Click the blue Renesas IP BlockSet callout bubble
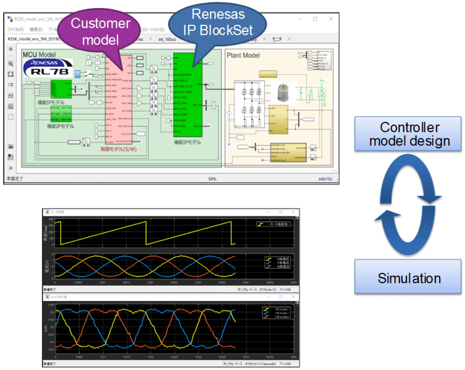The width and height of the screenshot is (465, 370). pos(218,22)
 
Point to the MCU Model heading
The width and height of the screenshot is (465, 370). pos(39,54)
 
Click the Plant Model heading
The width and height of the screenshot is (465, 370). pos(243,55)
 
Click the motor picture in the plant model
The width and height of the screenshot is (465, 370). pos(285,92)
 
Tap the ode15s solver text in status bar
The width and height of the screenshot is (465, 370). pos(325,179)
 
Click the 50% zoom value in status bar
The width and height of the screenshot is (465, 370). pos(212,179)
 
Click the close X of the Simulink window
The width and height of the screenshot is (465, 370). pos(331,19)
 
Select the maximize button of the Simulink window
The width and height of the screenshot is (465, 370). pos(315,19)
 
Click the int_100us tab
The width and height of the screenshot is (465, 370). pos(167,39)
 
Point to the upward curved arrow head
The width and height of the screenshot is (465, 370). pos(387,215)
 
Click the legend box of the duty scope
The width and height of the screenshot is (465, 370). pos(277,313)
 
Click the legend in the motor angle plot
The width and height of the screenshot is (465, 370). pos(274,224)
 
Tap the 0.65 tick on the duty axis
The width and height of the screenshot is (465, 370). pos(51,305)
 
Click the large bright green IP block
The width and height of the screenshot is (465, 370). pos(188,95)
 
